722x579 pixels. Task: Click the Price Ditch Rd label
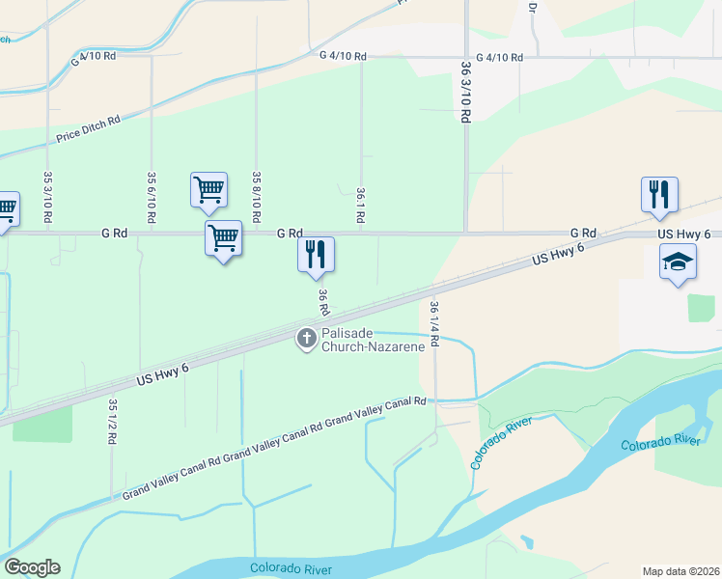point(88,128)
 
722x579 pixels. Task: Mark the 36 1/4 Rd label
point(434,322)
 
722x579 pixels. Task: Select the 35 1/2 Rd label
point(112,421)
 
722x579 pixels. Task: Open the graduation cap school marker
point(678,262)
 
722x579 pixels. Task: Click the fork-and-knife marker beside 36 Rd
point(316,255)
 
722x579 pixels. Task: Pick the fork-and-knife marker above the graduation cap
point(659,194)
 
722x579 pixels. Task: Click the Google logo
point(32,567)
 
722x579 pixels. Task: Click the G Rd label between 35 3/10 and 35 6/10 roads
point(114,233)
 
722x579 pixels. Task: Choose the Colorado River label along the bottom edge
point(289,566)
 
